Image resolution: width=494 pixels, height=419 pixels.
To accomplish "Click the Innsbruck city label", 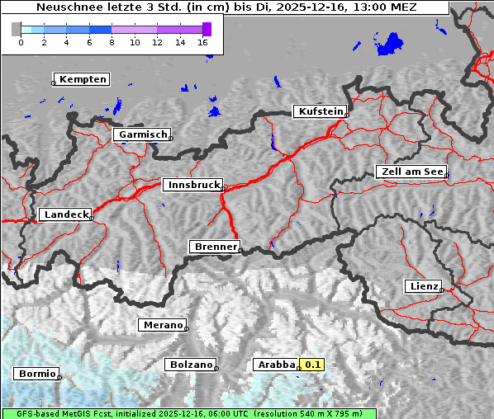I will tap(191, 186).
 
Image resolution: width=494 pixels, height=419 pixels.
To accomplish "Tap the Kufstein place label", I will tap(319, 111).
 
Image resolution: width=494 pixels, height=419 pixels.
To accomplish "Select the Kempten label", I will tap(82, 79).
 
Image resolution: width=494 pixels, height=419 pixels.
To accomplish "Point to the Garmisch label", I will tap(142, 134).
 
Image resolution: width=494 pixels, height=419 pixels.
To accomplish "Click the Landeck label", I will tap(65, 214).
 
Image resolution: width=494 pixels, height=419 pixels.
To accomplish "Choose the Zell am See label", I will tap(411, 172).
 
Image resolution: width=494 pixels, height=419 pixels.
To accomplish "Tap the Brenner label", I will tap(215, 247).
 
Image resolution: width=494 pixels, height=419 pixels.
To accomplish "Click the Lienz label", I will tap(424, 286).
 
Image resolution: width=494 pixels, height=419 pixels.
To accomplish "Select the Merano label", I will tap(162, 325).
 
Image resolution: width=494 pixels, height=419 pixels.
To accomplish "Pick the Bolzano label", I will tap(191, 365).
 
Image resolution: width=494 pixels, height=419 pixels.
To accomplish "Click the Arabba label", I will tap(275, 365).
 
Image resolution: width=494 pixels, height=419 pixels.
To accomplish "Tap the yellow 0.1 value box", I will tap(313, 365).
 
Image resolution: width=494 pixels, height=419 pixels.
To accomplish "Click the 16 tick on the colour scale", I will tap(203, 41).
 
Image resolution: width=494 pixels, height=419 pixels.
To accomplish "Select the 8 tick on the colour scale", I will tap(112, 41).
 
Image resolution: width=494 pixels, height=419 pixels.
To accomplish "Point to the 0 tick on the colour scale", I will tap(20, 41).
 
